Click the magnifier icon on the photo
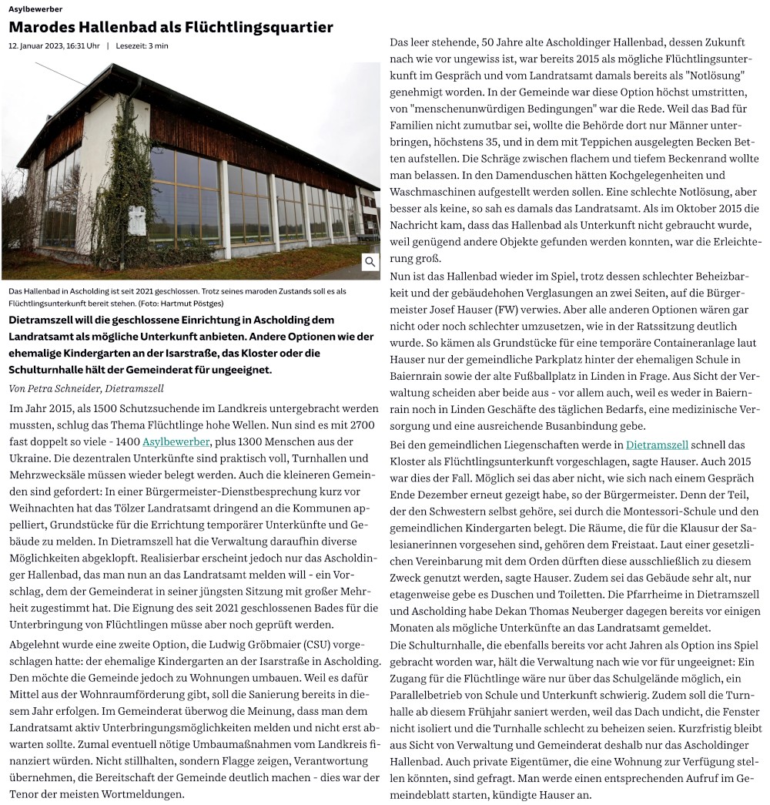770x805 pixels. [x=370, y=262]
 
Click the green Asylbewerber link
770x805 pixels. [x=176, y=441]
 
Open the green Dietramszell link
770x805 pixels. [x=657, y=444]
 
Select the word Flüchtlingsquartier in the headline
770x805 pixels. [x=261, y=28]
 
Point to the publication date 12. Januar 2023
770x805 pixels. [x=54, y=45]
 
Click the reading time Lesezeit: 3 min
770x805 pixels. [x=142, y=45]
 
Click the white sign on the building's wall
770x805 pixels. [x=136, y=220]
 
